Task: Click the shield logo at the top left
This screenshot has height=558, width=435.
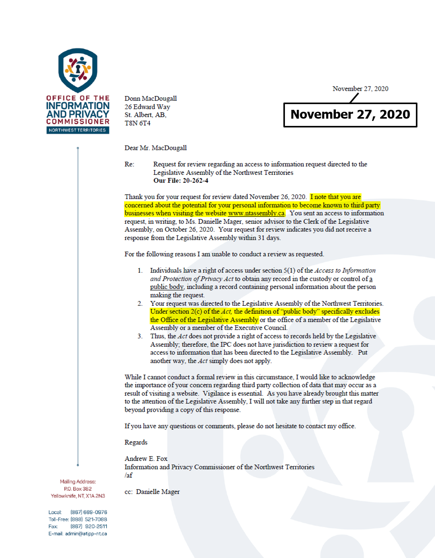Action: [x=78, y=70]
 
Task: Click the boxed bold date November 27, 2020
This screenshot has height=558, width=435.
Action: [x=350, y=114]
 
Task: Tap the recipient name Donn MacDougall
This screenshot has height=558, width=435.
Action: [x=150, y=98]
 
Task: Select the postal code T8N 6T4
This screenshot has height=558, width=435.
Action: [x=137, y=123]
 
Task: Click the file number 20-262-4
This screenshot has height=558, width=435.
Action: [x=195, y=181]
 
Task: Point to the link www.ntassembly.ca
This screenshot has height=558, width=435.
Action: [x=256, y=213]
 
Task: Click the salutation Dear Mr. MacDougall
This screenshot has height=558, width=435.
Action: [x=155, y=148]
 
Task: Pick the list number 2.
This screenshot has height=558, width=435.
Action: [x=140, y=303]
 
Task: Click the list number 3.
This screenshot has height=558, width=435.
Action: [x=140, y=336]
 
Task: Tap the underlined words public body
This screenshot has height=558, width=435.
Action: [x=167, y=287]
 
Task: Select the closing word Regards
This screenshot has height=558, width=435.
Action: [x=136, y=442]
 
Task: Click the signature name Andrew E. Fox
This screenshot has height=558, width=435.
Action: [x=146, y=458]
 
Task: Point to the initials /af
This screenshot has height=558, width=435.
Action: [x=128, y=475]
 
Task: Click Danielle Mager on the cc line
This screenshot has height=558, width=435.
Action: [x=158, y=492]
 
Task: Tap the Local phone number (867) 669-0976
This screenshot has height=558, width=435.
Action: [x=88, y=512]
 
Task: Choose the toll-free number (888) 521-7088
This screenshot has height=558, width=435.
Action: [x=88, y=519]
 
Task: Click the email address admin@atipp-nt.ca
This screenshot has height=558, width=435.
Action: [x=86, y=534]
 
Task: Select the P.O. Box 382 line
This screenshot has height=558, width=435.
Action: [x=78, y=489]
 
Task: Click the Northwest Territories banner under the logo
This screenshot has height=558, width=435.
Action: [x=77, y=130]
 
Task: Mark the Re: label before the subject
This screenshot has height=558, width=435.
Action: [x=129, y=164]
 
